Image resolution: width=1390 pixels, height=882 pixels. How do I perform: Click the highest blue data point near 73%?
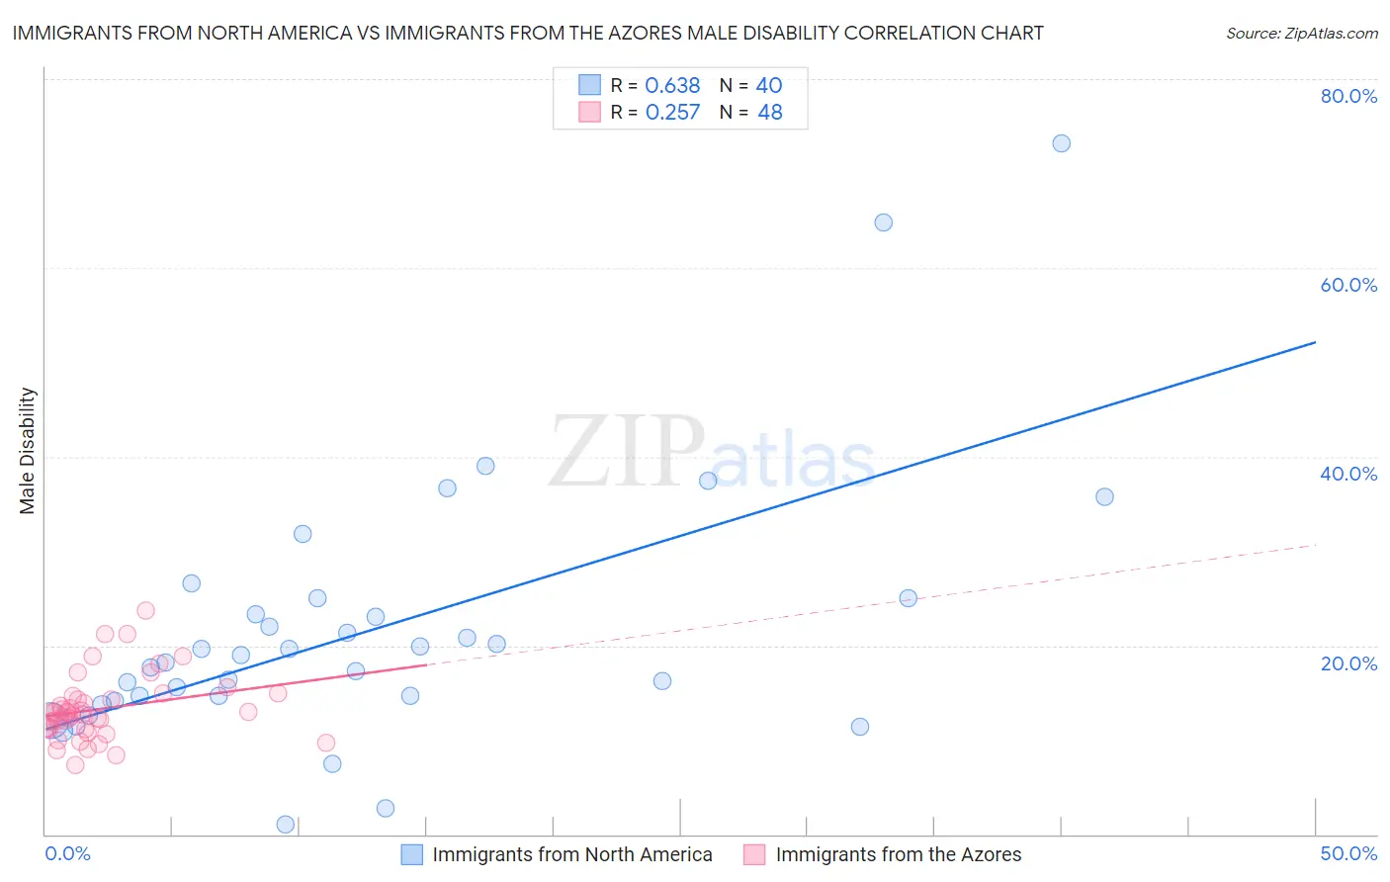point(1061,143)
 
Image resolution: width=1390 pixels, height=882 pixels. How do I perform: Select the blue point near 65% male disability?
point(883,222)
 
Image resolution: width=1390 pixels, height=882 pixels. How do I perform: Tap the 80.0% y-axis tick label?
point(1348,96)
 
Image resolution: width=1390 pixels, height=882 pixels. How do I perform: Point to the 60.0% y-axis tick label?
point(1348,285)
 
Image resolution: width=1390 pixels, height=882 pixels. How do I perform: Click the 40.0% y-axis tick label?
point(1348,474)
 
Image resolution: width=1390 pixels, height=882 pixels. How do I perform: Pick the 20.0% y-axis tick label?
point(1348,662)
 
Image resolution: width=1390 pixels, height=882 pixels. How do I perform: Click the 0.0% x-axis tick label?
point(67,853)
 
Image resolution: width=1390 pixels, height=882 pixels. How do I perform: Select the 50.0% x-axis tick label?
point(1348,853)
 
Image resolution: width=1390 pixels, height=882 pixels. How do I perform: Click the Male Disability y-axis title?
point(28,451)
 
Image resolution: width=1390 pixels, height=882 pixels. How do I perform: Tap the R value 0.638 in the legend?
point(672,86)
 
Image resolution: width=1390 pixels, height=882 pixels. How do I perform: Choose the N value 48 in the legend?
point(769,113)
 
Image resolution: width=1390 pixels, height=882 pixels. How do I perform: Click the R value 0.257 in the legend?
point(672,113)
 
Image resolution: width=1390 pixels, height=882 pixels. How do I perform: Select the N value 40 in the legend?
point(769,86)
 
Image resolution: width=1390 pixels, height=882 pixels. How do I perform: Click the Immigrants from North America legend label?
point(571,854)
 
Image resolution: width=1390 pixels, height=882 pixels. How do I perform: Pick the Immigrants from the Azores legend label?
point(898,854)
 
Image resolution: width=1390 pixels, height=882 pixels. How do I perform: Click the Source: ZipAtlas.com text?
point(1301,34)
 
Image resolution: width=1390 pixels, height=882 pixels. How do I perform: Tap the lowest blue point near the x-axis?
point(286,825)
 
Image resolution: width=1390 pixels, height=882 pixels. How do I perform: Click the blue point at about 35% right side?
point(1104,496)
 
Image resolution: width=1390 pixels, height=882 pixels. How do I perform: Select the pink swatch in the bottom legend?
point(754,854)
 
